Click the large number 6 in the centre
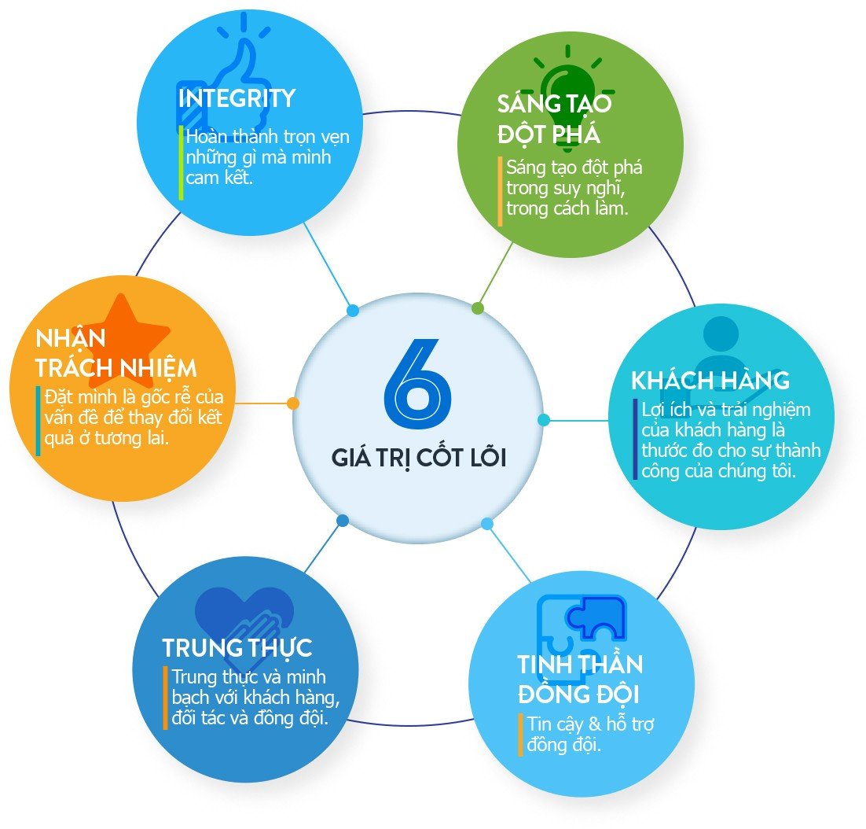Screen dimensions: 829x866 click(418, 381)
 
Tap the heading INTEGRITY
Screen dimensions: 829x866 click(237, 98)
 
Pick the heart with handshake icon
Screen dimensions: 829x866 click(244, 621)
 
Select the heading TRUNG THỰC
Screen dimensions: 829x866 click(237, 648)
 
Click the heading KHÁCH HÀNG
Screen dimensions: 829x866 click(710, 381)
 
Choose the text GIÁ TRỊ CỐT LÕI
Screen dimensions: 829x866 click(418, 458)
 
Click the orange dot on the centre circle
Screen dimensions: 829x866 click(293, 403)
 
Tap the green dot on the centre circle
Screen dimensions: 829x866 click(478, 308)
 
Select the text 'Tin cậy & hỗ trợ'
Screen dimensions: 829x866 click(591, 724)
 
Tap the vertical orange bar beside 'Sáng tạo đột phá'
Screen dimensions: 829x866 click(500, 192)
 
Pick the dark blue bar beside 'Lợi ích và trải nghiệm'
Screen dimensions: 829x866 click(636, 440)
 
